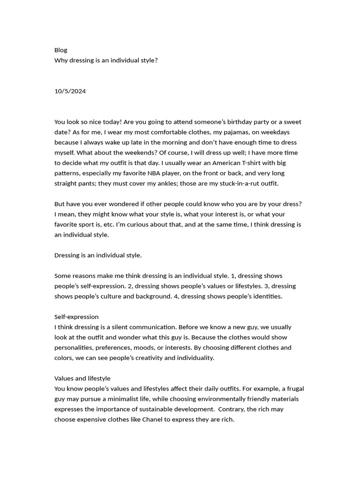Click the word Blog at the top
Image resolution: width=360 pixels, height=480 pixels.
(61, 50)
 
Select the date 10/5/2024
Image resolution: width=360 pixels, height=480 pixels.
(70, 91)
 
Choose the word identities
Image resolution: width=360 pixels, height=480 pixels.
(267, 296)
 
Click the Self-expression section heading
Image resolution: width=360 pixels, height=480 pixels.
(76, 317)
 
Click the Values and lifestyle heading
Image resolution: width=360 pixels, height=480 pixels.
(82, 378)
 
